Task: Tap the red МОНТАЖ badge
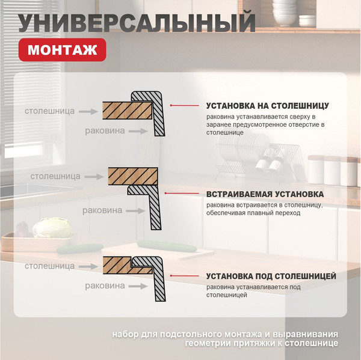pos(62,49)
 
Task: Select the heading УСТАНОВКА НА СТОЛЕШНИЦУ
pos(267,106)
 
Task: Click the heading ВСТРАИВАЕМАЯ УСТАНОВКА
pos(265,195)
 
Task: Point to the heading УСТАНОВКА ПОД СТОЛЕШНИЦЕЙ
pos(271,276)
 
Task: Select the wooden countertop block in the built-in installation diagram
pos(132,177)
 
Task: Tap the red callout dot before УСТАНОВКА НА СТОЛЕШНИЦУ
pos(171,105)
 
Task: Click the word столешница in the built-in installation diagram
pos(55,176)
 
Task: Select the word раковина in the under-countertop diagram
pos(105,285)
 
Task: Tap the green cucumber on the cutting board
pos(167,246)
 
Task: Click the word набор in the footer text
pos(128,334)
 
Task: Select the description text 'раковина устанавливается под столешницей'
pos(253,291)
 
